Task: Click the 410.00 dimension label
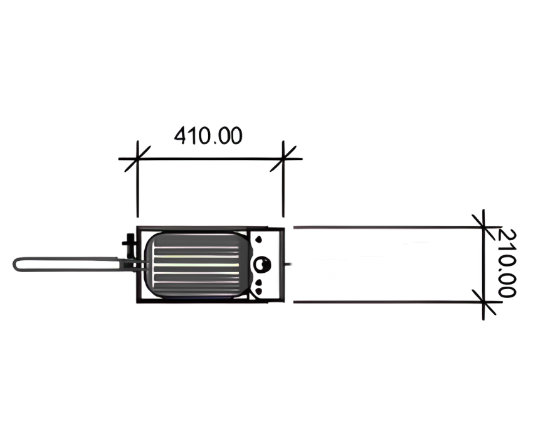click(208, 135)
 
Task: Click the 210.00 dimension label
click(507, 263)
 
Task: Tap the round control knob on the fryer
click(262, 264)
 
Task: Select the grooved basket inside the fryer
click(196, 265)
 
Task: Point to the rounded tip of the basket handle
click(15, 264)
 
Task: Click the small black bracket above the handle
click(130, 245)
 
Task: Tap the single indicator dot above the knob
click(260, 240)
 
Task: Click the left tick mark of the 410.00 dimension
click(137, 159)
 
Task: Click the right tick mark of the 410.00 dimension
click(283, 159)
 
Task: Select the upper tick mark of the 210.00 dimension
click(483, 227)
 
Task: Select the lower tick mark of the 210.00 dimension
click(483, 302)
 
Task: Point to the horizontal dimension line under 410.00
click(211, 159)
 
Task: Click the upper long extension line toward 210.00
click(388, 227)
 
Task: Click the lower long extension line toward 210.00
click(388, 302)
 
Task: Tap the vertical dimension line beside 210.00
click(483, 265)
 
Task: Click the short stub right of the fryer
click(288, 264)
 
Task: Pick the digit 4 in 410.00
click(180, 135)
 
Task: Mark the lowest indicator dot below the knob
click(260, 291)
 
